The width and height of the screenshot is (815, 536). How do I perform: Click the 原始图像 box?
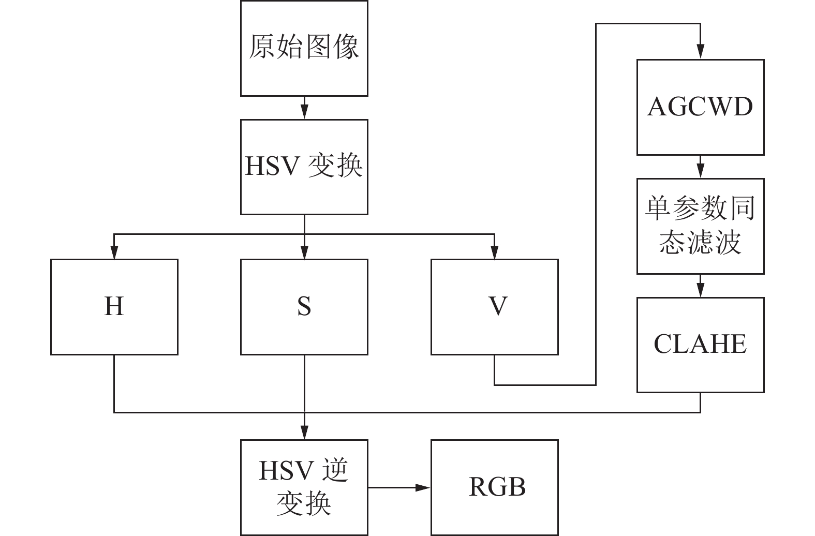point(304,48)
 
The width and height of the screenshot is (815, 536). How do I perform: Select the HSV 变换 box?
point(304,167)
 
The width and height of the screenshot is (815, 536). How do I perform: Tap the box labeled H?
point(114,307)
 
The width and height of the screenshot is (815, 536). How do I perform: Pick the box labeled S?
point(304,307)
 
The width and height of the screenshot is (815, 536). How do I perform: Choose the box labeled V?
point(495,307)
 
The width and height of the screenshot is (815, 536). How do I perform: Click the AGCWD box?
point(700,107)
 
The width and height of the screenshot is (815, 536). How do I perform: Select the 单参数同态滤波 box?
point(700,226)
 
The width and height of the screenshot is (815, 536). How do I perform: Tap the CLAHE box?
point(700,345)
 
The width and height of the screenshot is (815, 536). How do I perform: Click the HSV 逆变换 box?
point(304,487)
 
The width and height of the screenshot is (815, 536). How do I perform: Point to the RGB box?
point(495,487)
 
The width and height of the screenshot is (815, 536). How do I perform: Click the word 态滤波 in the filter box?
point(700,242)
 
